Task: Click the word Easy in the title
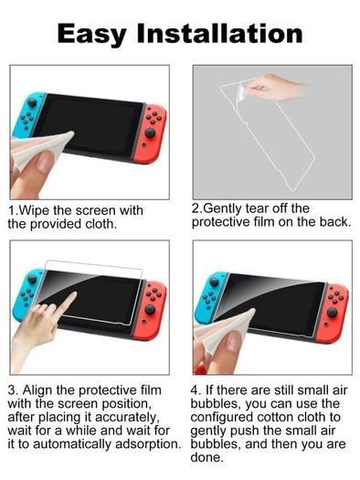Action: [91, 35]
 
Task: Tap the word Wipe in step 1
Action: [34, 210]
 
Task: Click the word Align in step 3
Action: [37, 390]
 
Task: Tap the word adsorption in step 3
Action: [148, 444]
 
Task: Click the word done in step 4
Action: [206, 458]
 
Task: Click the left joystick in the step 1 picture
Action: [32, 101]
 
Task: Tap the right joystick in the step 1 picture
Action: [150, 133]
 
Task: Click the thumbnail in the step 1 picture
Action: [46, 162]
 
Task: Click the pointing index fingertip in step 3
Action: [73, 294]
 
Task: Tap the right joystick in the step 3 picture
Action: [150, 310]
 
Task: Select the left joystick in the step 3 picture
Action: [32, 279]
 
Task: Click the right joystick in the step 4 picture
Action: [333, 313]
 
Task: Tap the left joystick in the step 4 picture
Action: [215, 282]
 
